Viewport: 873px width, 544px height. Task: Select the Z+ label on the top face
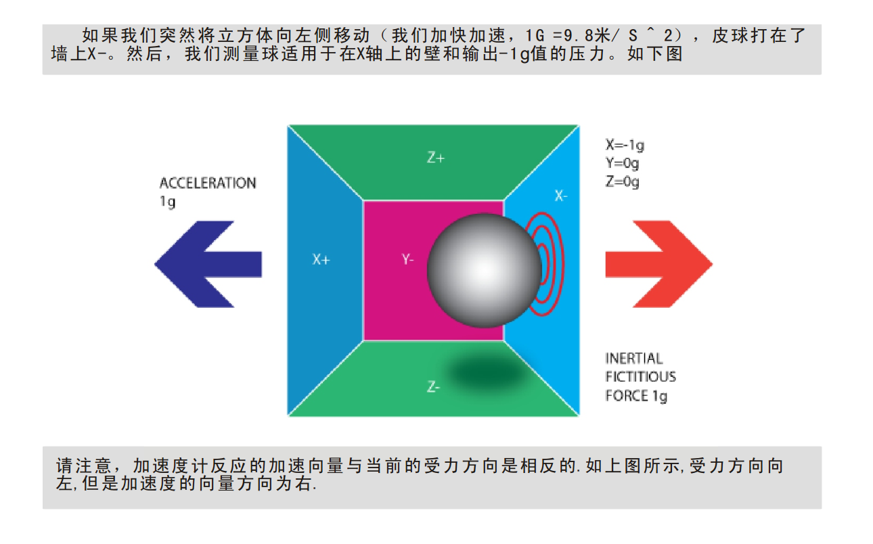click(x=435, y=158)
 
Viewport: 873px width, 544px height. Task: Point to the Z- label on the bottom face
click(x=434, y=388)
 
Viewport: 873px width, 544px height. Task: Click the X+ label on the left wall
click(x=321, y=259)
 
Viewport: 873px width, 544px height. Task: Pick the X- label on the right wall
click(x=561, y=196)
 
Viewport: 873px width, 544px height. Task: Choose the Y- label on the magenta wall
click(x=407, y=259)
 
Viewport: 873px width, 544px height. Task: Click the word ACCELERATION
click(x=208, y=183)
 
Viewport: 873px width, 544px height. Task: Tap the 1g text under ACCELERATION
click(x=166, y=202)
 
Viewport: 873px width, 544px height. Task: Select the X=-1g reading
click(x=625, y=145)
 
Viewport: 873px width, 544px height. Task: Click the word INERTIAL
click(x=634, y=359)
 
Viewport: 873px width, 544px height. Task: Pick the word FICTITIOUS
click(x=640, y=377)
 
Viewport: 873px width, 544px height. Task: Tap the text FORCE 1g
click(x=636, y=395)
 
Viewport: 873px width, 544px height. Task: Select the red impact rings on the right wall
click(x=550, y=264)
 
